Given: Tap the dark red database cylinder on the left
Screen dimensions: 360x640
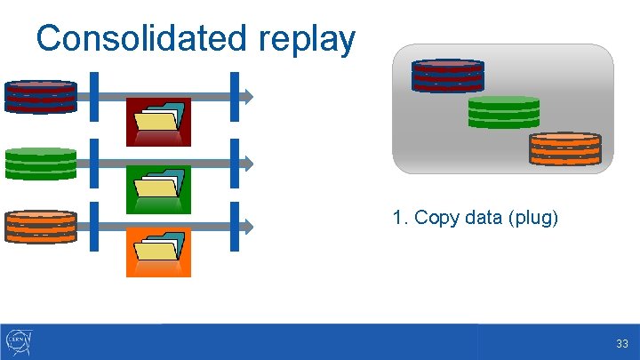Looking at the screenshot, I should pos(40,96).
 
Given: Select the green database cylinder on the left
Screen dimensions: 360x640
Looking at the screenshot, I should pos(40,164).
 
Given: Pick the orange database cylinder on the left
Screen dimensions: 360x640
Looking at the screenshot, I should pos(40,227).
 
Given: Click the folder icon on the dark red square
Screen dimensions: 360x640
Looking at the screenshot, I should pos(159,121).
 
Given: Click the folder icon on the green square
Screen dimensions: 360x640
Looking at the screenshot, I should pos(159,188).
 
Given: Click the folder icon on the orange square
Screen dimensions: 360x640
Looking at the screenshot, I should pos(159,252).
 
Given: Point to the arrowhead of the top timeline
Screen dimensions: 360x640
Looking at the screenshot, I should pos(250,96).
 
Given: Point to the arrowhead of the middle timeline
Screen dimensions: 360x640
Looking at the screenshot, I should pos(250,164).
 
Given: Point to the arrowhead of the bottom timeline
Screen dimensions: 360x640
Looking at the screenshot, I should pos(250,227).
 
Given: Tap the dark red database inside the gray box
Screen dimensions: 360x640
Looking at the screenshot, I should pos(447,76).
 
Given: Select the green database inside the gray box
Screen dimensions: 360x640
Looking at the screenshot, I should pos(503,112).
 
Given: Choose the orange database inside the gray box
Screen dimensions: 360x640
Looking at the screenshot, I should pos(565,148).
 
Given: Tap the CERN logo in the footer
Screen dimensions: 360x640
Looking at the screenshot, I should pos(19,341).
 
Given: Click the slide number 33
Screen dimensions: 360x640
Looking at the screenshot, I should pos(621,344).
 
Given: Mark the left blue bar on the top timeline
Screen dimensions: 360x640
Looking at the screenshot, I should pos(95,96).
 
